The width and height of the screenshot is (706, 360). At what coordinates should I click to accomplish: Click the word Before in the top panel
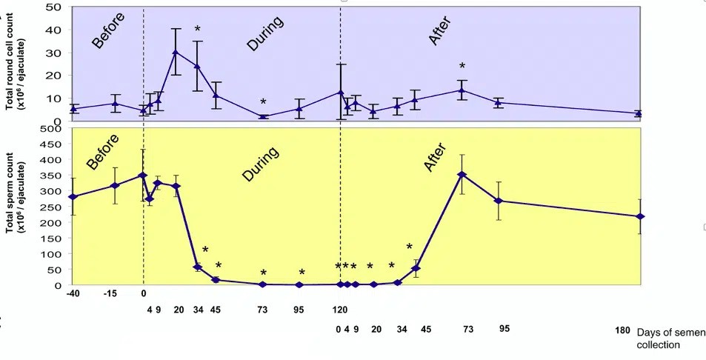click(108, 30)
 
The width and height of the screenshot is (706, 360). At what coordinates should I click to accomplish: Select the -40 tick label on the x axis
click(72, 293)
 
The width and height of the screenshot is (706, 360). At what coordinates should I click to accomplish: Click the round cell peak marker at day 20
click(176, 52)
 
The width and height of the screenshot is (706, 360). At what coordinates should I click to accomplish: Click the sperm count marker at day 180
click(640, 216)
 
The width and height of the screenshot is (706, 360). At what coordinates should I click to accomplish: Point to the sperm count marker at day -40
click(73, 197)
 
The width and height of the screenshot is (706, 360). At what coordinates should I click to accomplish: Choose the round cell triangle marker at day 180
click(639, 113)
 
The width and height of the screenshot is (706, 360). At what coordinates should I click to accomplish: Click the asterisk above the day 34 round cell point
click(198, 30)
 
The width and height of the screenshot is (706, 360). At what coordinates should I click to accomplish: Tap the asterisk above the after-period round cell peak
click(462, 67)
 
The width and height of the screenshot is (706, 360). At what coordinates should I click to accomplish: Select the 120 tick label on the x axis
click(340, 293)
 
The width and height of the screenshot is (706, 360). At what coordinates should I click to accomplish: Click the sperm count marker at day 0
click(143, 176)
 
